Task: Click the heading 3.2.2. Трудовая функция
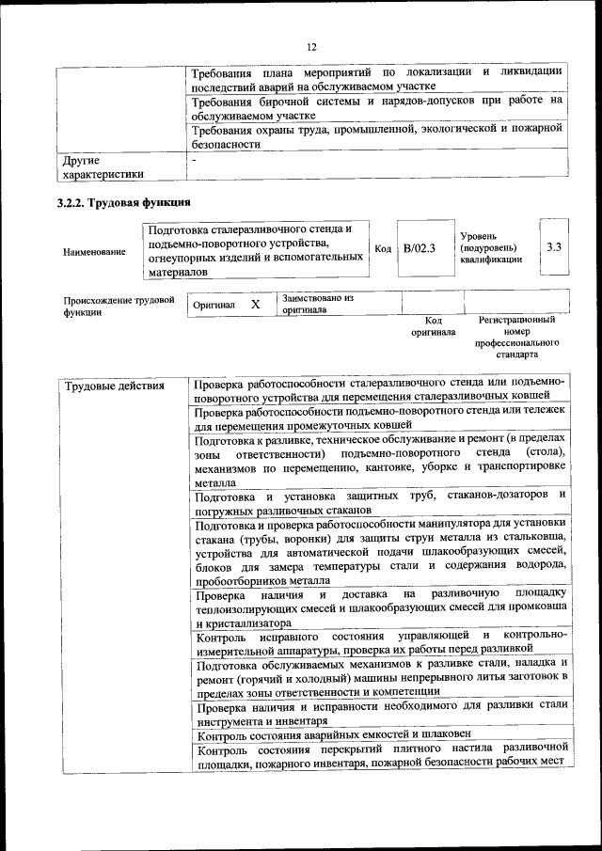pos(124,202)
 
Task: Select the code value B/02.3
pos(420,248)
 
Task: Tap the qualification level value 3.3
pos(554,246)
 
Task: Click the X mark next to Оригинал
pos(255,305)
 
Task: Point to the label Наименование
pos(93,252)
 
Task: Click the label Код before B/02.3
pos(383,248)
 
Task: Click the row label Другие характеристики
pos(103,166)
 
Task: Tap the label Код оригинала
pos(433,325)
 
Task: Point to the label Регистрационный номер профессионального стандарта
pos(516,338)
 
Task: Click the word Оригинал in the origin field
pos(214,306)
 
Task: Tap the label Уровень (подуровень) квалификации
pos(491,247)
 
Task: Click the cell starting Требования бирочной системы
pos(376,106)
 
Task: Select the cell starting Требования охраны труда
pos(376,136)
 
